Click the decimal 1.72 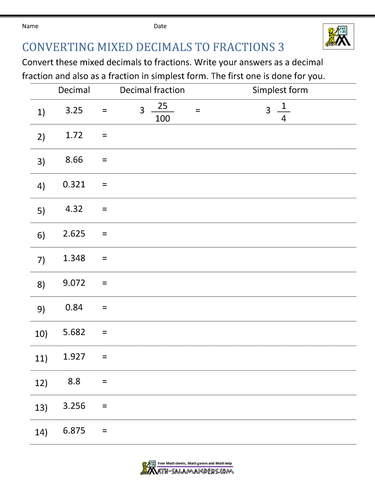[74, 135]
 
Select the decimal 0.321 [74, 184]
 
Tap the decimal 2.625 [74, 234]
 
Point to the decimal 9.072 [74, 283]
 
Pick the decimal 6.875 [74, 431]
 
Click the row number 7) [41, 259]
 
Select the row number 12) [41, 383]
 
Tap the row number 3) [41, 161]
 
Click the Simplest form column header [280, 90]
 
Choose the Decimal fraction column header [152, 90]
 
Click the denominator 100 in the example [162, 119]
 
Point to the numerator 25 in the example [162, 106]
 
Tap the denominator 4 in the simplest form [283, 119]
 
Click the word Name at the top [30, 26]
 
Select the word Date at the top [160, 26]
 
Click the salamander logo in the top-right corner [338, 36]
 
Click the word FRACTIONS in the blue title [244, 47]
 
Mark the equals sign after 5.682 [105, 332]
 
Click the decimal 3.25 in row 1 [74, 111]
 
